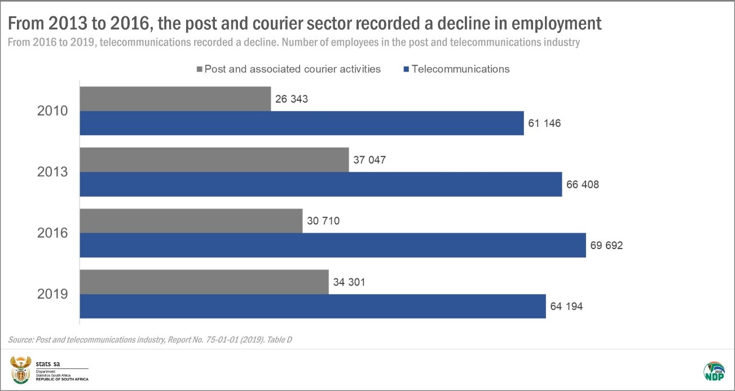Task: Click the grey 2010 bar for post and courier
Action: pos(175,99)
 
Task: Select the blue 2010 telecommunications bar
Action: pos(302,123)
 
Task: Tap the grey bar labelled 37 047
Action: pos(214,160)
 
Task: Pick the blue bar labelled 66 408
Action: pos(320,184)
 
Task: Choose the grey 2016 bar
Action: pos(191,221)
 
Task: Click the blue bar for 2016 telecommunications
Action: pos(332,246)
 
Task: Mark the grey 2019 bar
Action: pos(204,282)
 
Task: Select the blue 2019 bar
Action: pos(313,306)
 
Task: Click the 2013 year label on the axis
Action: pos(52,172)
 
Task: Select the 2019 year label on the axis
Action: pos(52,294)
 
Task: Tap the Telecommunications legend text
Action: pos(460,69)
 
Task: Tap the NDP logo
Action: pos(714,371)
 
